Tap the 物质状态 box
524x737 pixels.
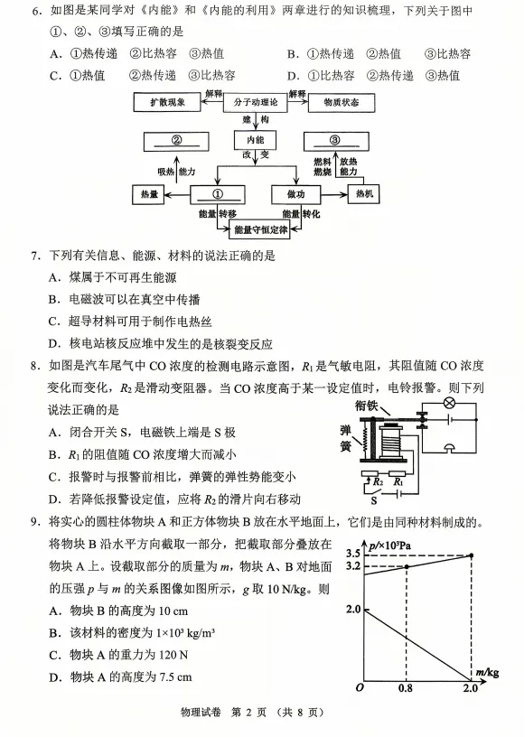click(x=340, y=103)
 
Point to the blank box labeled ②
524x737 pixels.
click(x=177, y=141)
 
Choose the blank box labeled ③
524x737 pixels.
click(x=334, y=141)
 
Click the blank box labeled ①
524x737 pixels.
click(x=217, y=193)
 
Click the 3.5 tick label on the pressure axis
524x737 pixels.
click(x=352, y=553)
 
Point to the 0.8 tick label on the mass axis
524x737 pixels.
click(x=406, y=689)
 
